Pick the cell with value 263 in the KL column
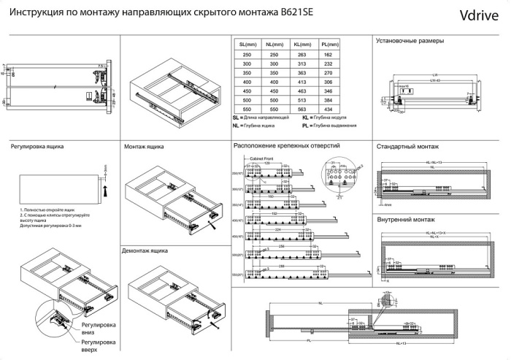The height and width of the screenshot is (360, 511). coord(302,55)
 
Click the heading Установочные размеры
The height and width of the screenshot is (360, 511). coord(409,41)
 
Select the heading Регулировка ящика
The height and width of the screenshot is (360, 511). coord(37,146)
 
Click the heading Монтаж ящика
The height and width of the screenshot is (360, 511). coord(144,147)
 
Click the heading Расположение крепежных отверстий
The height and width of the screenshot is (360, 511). coord(285,146)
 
